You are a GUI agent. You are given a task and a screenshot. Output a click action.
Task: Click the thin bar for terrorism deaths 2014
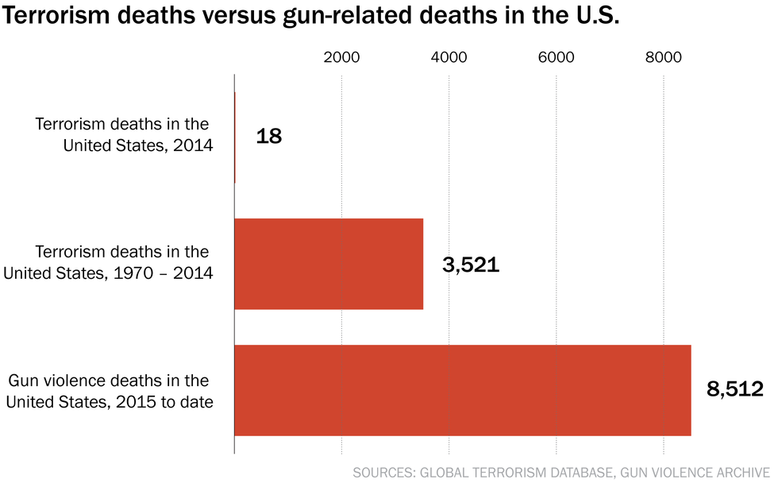[235, 137]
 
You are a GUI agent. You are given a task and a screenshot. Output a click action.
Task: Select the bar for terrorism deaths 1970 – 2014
[329, 264]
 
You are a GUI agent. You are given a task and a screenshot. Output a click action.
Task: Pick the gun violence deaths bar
[462, 390]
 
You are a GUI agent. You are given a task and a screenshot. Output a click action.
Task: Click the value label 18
[269, 136]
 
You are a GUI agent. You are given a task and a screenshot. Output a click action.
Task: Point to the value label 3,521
[471, 265]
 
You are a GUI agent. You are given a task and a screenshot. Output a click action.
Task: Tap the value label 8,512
[734, 389]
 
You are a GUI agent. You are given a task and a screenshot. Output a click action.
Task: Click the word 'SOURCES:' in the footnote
[383, 473]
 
